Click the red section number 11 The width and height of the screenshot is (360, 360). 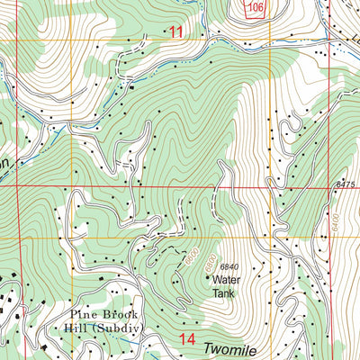(175, 32)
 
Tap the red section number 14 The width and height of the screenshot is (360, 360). (187, 339)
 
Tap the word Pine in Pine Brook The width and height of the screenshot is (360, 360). (85, 315)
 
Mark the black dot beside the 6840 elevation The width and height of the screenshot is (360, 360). (215, 267)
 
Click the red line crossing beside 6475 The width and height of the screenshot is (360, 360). (328, 187)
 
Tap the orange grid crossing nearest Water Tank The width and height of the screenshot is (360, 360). (269, 238)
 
